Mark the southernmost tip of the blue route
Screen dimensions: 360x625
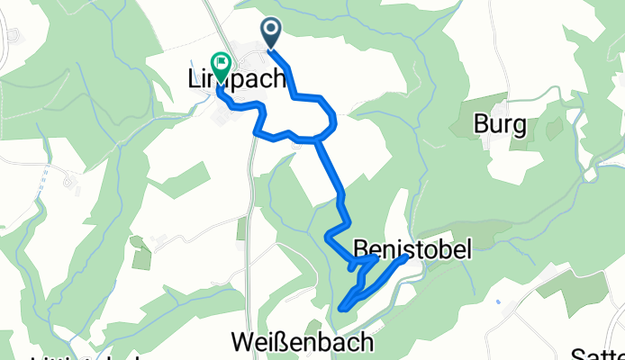pyautogui.click(x=341, y=309)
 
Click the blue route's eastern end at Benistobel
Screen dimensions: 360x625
pyautogui.click(x=406, y=256)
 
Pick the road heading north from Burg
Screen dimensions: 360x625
pyautogui.click(x=494, y=54)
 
